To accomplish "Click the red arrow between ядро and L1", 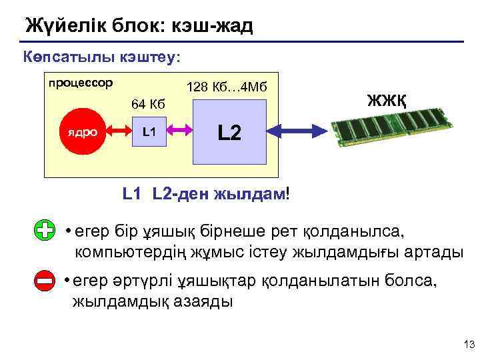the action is (x=115, y=132).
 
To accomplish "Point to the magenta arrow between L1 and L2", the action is (x=179, y=132).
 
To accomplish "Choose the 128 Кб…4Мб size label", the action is (x=227, y=87).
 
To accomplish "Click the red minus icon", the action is (x=44, y=282).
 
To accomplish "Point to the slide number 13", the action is (x=467, y=344).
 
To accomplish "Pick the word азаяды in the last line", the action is (x=203, y=301).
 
